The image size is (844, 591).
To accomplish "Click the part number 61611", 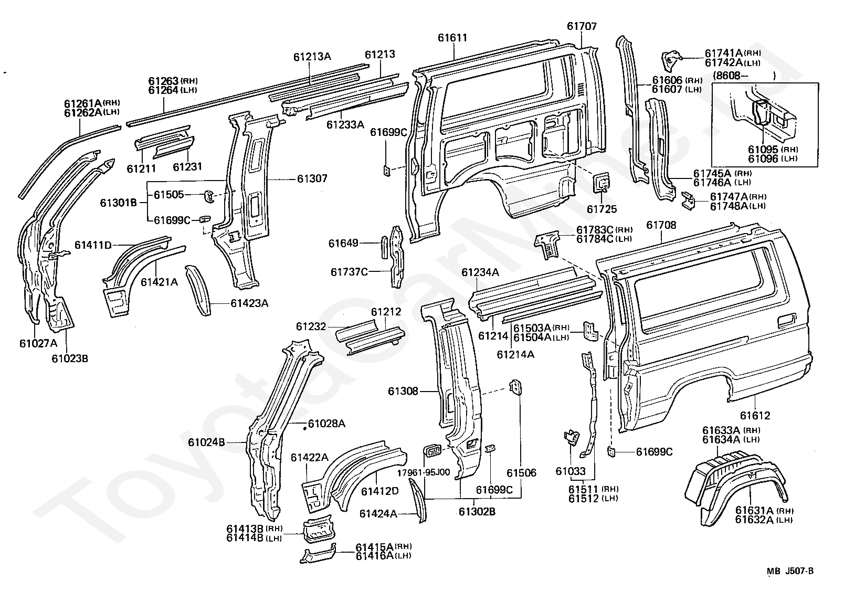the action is tap(452, 38).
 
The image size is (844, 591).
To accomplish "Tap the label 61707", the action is tap(582, 26).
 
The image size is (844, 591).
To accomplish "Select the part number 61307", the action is tap(312, 178).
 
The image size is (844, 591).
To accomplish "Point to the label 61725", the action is tap(602, 209).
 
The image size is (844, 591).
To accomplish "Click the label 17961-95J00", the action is tap(424, 472).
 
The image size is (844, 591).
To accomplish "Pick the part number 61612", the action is tap(755, 416).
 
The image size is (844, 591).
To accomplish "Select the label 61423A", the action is tap(249, 303).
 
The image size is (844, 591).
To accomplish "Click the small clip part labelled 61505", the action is tap(209, 196).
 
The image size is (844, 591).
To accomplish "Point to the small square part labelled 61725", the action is tap(602, 183).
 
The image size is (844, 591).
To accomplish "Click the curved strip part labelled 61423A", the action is tap(198, 290).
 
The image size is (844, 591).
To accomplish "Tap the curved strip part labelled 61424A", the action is tap(418, 500).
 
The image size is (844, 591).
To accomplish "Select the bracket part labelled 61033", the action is tap(572, 438).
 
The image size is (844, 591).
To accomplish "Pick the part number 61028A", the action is tap(326, 424).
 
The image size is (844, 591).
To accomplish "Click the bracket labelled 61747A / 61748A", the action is tap(689, 201).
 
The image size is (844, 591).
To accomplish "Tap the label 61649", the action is tap(343, 244).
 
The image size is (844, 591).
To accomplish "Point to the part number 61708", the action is tap(661, 225).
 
